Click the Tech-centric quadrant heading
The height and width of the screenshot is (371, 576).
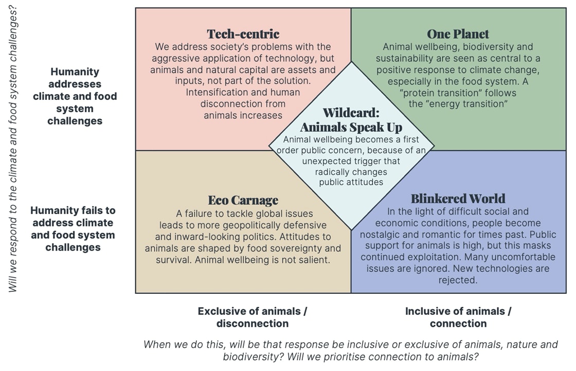243,34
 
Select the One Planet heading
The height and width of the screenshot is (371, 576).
458,34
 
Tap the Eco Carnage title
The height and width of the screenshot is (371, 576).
243,200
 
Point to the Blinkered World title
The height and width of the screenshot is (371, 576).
458,199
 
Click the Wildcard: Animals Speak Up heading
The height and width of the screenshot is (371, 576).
351,119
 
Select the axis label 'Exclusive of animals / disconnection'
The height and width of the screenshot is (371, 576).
253,317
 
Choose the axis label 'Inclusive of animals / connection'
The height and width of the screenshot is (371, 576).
458,317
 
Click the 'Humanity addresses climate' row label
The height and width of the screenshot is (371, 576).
75,96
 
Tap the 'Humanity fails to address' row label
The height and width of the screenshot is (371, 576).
73,228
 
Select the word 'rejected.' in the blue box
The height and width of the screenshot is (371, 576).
458,280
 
